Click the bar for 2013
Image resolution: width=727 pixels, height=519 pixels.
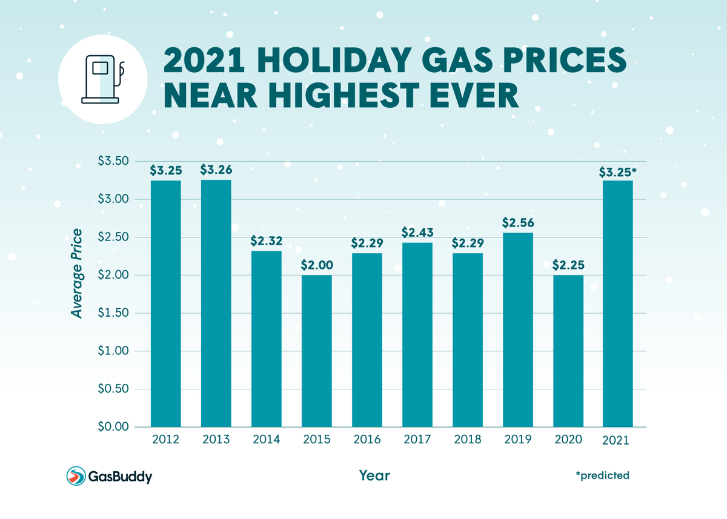click(216, 303)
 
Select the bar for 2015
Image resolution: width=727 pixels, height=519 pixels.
click(316, 351)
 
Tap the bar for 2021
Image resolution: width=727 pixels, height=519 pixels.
click(618, 303)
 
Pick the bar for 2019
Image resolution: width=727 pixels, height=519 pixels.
click(517, 330)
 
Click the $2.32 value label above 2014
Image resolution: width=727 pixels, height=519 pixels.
click(266, 240)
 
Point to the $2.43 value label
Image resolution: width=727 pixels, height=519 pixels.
click(417, 232)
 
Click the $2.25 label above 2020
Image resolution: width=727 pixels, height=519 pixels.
click(568, 265)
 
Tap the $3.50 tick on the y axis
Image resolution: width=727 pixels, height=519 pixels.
click(113, 161)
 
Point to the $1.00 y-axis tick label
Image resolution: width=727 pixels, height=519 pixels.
click(113, 351)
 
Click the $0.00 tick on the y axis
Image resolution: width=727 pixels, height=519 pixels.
click(113, 427)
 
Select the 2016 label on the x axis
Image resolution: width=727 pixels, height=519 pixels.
click(367, 440)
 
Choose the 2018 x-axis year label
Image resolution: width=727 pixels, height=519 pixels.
click(467, 440)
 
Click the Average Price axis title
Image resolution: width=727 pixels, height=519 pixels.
click(76, 273)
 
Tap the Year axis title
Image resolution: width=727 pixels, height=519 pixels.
click(374, 475)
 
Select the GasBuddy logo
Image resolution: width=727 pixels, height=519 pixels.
click(109, 476)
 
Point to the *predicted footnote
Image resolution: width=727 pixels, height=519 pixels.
click(602, 475)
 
